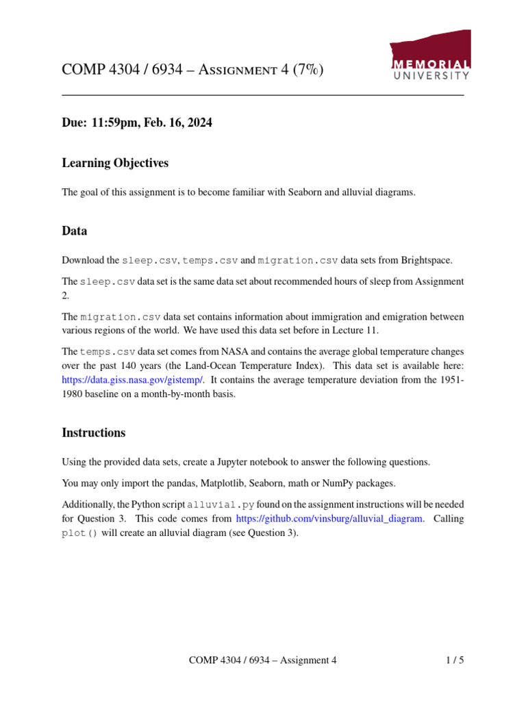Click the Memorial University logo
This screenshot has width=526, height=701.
click(429, 56)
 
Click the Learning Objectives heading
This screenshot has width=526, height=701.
click(115, 163)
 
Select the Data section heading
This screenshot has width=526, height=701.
click(75, 231)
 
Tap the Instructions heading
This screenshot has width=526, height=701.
click(94, 433)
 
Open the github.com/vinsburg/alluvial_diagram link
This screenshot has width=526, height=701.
click(329, 519)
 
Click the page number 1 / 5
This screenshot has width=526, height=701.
click(455, 661)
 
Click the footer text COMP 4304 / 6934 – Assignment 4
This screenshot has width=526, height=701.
click(263, 661)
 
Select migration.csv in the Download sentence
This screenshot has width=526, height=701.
click(298, 260)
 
